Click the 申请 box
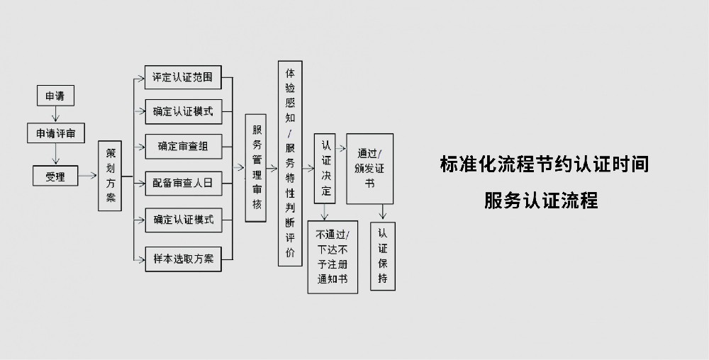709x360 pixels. point(55,96)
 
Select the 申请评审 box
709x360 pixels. point(55,133)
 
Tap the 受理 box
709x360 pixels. point(55,176)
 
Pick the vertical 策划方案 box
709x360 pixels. point(110,176)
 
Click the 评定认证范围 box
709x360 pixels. point(182,77)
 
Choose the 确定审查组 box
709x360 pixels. point(182,147)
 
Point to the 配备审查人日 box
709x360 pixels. point(182,183)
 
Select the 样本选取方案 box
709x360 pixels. point(182,258)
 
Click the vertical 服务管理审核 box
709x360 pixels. point(256,168)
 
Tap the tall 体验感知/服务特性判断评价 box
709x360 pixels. point(290,164)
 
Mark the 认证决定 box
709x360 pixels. point(325,168)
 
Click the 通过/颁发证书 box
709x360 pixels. point(369,169)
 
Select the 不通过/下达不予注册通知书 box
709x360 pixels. point(333,257)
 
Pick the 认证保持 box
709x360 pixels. point(383,257)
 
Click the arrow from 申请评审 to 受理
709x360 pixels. point(55,154)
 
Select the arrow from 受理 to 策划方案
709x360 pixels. point(88,175)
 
